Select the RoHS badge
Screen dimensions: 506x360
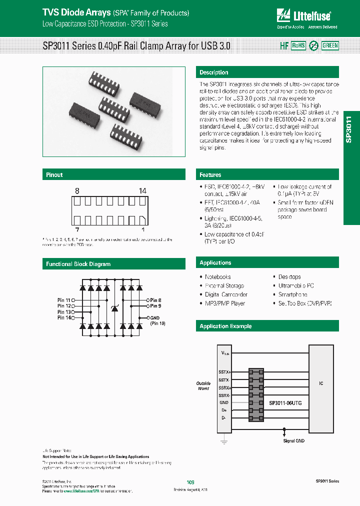298,45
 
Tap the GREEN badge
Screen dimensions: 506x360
330,45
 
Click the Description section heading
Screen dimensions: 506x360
214,72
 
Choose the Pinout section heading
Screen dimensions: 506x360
54,175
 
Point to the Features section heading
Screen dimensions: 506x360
210,175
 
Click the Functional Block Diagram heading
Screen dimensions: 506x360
78,264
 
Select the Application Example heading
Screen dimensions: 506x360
225,326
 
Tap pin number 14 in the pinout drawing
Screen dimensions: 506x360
142,191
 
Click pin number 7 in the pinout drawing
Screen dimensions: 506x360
77,229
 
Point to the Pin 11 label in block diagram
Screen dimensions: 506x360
64,300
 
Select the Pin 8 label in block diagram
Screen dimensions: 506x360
156,300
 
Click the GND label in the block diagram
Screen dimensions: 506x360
155,318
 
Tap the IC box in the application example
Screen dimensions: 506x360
321,383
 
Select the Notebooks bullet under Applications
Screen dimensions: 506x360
217,277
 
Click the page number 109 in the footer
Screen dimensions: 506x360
190,482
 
